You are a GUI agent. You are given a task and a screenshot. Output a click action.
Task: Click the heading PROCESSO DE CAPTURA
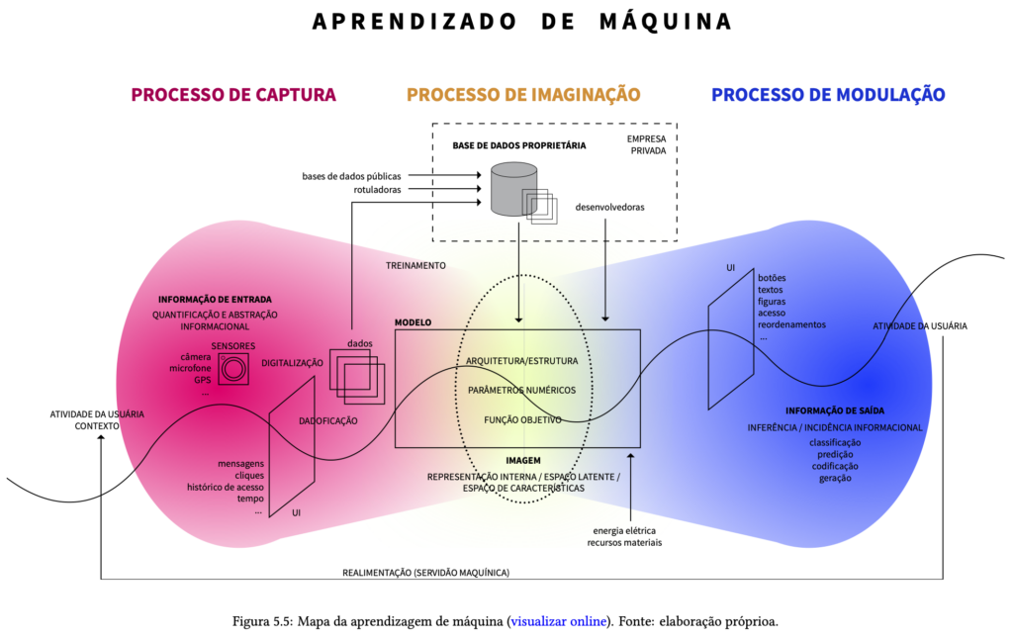tap(233, 95)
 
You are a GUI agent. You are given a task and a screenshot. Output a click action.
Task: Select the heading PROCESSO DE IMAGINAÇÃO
tap(523, 95)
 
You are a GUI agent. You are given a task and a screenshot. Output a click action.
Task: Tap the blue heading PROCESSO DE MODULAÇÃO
tap(828, 95)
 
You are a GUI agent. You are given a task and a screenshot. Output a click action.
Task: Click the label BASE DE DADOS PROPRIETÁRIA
tap(519, 145)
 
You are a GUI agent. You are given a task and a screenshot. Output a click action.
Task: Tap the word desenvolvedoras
tap(609, 208)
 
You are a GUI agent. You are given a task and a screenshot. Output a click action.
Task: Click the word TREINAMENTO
tap(415, 265)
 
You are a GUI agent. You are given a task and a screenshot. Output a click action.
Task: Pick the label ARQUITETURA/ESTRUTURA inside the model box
tap(522, 361)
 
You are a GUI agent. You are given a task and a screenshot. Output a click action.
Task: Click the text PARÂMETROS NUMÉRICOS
tap(522, 390)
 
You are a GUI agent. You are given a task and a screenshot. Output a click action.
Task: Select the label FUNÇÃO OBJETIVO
tap(522, 419)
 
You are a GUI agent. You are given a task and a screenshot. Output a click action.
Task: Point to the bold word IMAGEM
tap(522, 461)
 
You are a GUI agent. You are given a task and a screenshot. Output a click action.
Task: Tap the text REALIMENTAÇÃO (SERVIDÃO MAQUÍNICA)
tap(426, 572)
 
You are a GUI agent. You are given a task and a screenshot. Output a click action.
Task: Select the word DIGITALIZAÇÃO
tap(292, 363)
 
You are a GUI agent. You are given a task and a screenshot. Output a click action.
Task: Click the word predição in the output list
tap(835, 454)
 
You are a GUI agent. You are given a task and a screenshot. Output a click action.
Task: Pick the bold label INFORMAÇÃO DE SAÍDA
tap(835, 410)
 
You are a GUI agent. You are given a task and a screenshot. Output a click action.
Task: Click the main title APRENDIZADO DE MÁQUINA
tap(522, 21)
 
